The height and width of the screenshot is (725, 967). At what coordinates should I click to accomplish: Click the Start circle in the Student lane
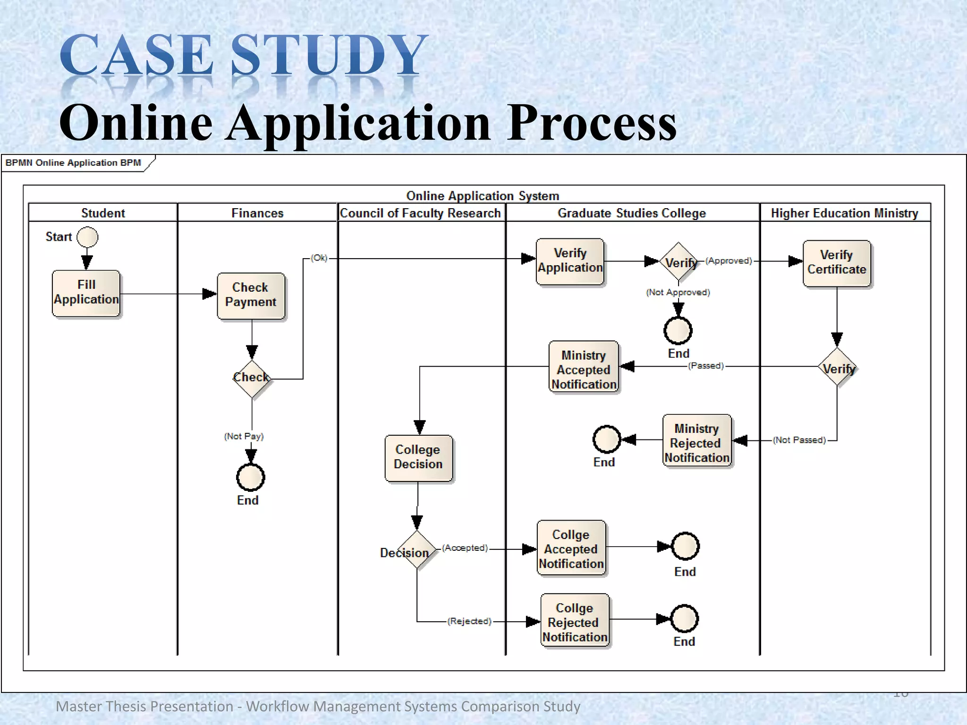click(x=87, y=237)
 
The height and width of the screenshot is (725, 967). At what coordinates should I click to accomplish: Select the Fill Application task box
click(x=86, y=293)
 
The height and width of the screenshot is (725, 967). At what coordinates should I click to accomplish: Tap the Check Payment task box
click(x=251, y=295)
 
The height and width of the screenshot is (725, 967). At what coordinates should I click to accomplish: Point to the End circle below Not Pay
click(x=250, y=477)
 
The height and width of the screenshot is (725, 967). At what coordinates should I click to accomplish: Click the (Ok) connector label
click(x=319, y=258)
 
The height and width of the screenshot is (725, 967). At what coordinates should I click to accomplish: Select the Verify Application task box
click(x=570, y=261)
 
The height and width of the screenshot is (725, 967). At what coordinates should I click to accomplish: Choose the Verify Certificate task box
click(x=836, y=263)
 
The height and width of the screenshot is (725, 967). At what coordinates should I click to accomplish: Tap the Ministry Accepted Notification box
click(x=584, y=367)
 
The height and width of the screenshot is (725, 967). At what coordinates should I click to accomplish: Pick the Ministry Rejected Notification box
click(x=697, y=441)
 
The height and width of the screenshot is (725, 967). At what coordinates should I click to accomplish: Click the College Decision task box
click(x=418, y=457)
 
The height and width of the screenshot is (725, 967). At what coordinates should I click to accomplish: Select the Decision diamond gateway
click(x=417, y=549)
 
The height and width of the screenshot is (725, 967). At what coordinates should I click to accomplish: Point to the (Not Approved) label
click(x=678, y=292)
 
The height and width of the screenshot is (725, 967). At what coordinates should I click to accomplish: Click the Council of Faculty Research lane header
click(x=420, y=213)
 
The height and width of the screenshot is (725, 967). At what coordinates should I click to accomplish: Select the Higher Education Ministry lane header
click(x=844, y=213)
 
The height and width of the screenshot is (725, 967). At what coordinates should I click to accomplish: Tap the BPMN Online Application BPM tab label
click(x=73, y=163)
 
